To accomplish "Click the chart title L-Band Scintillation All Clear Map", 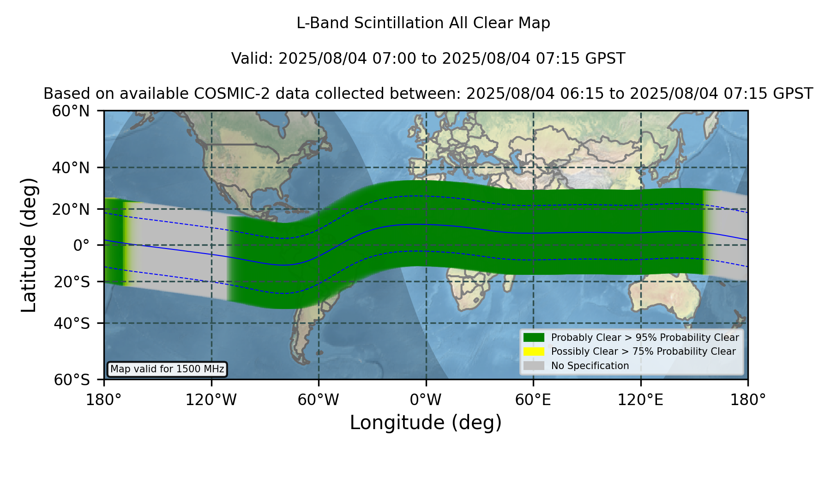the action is [x=423, y=23].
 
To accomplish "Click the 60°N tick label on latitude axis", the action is [x=71, y=111].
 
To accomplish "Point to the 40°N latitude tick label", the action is [x=71, y=168].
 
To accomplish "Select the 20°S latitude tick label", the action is [x=72, y=281].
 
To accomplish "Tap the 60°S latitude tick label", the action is [x=72, y=380].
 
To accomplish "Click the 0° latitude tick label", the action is [x=81, y=245].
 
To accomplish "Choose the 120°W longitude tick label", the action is [x=211, y=400].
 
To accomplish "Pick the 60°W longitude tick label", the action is [x=319, y=400].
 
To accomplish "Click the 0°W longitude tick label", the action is [x=426, y=400].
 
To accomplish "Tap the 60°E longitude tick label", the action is [x=533, y=400].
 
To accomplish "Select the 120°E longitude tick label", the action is [x=641, y=400].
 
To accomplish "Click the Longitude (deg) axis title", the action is [x=426, y=423].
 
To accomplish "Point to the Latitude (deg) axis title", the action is [x=29, y=245].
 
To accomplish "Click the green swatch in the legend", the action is [x=534, y=338].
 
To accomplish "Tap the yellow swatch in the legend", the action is [x=534, y=352].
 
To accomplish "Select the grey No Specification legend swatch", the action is [x=534, y=366].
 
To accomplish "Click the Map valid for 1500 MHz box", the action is [x=167, y=369].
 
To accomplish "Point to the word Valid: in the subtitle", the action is [x=253, y=59].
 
